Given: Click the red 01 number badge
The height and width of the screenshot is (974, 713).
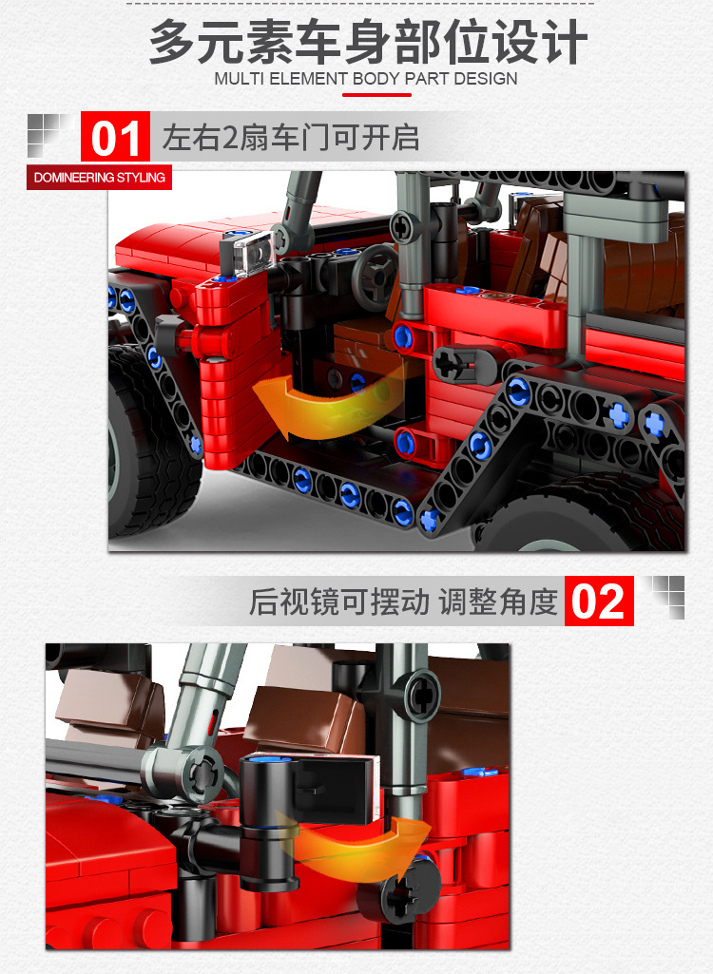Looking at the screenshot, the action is coord(116,137).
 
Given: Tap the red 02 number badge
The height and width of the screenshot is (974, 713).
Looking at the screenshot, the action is coord(599,601).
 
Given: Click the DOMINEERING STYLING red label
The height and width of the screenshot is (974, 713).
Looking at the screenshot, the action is coord(100,178).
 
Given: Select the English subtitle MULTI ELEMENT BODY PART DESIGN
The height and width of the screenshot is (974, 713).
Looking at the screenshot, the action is coord(365,79).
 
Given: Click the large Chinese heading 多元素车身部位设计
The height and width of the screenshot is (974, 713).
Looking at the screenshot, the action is coord(368,41).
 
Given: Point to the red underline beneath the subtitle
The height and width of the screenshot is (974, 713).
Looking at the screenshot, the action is coord(376,95).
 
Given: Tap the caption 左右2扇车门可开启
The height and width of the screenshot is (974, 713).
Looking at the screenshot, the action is coord(290,137).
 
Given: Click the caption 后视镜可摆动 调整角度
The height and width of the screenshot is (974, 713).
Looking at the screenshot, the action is coord(403,602).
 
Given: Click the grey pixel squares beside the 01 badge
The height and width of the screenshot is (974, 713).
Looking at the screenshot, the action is coord(48,134).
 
